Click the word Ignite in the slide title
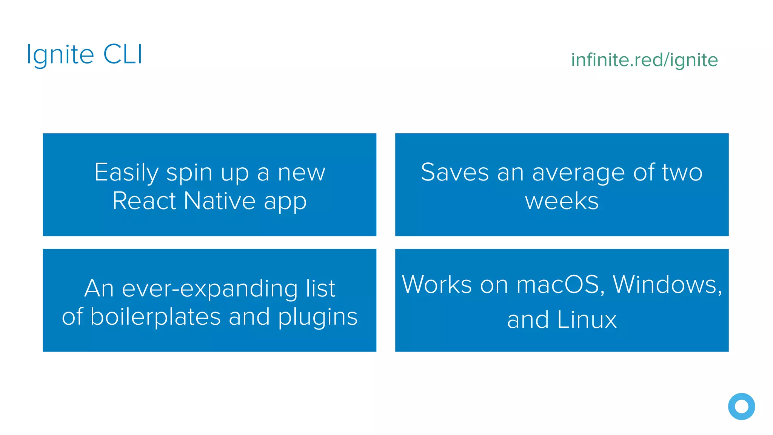(x=60, y=55)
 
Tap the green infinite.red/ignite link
(x=644, y=60)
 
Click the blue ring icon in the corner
(x=741, y=406)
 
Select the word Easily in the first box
(x=126, y=173)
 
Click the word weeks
(x=562, y=201)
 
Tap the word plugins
(x=318, y=317)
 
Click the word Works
(x=437, y=284)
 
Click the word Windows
(x=667, y=284)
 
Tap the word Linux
(x=587, y=319)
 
